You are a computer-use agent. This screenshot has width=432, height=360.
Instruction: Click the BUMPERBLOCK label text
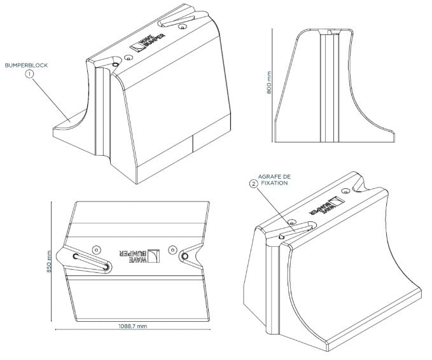coord(27,65)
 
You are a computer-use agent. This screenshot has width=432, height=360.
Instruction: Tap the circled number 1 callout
coord(29,74)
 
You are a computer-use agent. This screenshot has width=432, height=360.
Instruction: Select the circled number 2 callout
coord(254,184)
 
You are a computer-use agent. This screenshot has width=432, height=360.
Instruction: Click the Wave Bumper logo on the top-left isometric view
coord(145,43)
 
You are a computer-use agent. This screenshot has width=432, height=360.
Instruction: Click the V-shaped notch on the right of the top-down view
coord(191,256)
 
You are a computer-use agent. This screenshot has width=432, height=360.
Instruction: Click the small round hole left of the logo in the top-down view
coord(96,249)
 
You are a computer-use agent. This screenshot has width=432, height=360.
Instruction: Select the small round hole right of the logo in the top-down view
coord(172,249)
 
